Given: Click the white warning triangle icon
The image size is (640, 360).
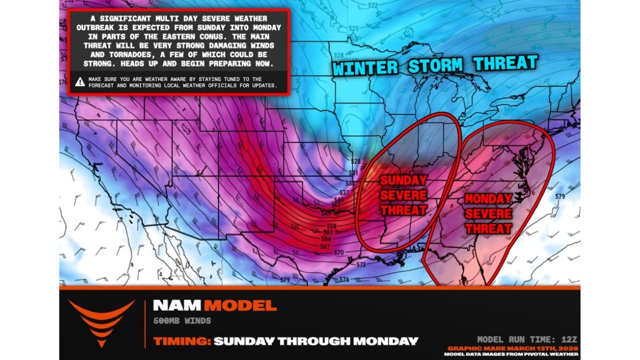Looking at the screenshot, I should pyautogui.click(x=80, y=82).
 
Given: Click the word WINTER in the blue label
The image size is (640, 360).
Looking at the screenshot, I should pyautogui.click(x=366, y=67).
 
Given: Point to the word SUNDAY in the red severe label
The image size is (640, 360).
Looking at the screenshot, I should pyautogui.click(x=403, y=180).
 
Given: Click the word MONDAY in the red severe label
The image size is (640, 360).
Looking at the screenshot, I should pyautogui.click(x=488, y=199).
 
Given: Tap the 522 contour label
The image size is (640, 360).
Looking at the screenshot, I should pyautogui.click(x=373, y=5).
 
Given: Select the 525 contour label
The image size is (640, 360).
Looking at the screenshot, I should pyautogui.click(x=353, y=28).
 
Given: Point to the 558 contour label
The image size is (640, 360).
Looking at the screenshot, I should pyautogui.click(x=331, y=226).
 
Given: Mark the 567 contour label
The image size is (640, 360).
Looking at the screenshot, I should pyautogui.click(x=325, y=246).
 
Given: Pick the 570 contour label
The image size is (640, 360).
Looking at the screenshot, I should pyautogui.click(x=339, y=253).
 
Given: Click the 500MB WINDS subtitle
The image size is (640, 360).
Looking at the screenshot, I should pyautogui.click(x=182, y=320).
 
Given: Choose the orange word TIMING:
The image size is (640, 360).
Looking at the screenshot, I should pyautogui.click(x=181, y=341).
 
